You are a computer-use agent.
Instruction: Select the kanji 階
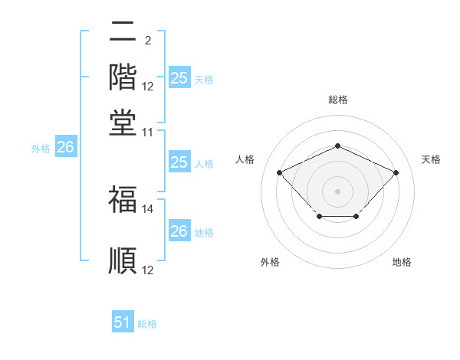click(x=123, y=77)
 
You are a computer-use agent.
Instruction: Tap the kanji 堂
click(x=123, y=123)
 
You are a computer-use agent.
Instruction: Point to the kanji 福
click(x=123, y=200)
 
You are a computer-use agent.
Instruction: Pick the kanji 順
click(x=123, y=260)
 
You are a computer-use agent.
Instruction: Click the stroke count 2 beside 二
click(x=147, y=41)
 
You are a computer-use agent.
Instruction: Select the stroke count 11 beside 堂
click(x=148, y=132)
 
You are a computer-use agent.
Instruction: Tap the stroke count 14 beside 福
click(x=148, y=208)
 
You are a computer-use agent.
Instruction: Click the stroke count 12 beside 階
click(x=148, y=87)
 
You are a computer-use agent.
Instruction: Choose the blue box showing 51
click(x=123, y=322)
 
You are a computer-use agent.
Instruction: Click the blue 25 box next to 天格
click(x=179, y=77)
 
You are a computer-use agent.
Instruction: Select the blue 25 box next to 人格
click(x=179, y=162)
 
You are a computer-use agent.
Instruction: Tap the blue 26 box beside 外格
click(x=65, y=148)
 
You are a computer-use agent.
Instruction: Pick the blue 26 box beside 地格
click(x=179, y=231)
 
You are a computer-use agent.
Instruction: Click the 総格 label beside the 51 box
click(x=147, y=324)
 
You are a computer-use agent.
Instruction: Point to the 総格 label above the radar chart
click(x=337, y=100)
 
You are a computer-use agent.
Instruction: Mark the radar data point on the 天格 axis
click(x=396, y=173)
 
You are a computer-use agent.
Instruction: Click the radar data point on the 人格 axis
click(x=280, y=173)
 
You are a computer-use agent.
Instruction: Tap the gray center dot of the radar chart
click(x=337, y=190)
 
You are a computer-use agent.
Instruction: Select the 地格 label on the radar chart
click(x=402, y=262)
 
